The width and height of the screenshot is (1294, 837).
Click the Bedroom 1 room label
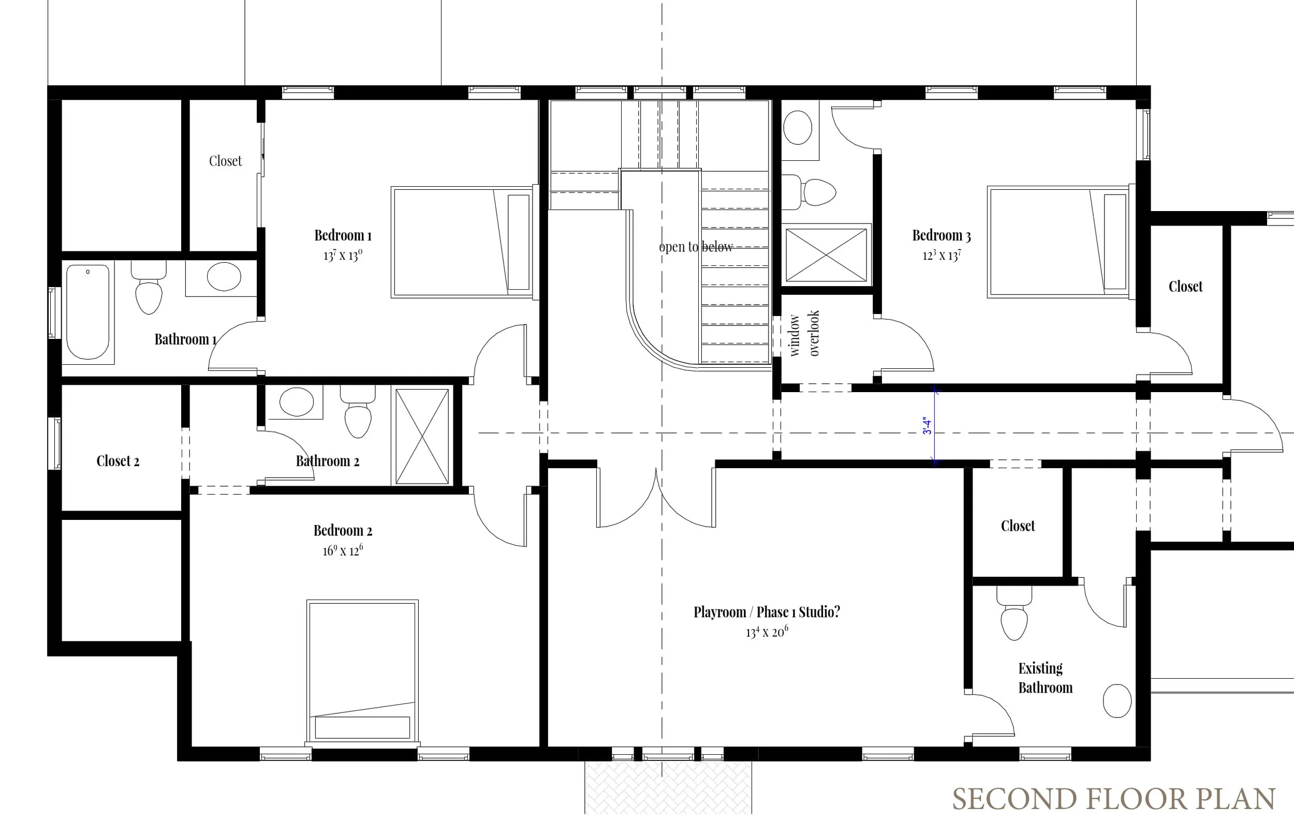tap(343, 235)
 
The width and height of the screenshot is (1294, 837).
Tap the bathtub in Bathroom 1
tap(87, 312)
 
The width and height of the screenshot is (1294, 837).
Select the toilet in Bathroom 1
tap(149, 288)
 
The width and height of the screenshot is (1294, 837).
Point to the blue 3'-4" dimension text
tap(927, 426)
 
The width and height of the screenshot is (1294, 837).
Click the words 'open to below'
tap(696, 247)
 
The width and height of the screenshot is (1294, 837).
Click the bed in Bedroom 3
tap(1060, 243)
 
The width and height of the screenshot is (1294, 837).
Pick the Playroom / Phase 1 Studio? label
tap(767, 612)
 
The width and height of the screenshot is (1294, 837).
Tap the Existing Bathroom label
tap(1045, 678)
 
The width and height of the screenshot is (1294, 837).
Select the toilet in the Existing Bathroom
tap(1014, 613)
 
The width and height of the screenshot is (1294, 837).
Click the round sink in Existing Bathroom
tap(1117, 700)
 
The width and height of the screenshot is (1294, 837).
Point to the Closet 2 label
tap(118, 461)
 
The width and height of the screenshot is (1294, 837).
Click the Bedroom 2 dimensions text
tap(343, 550)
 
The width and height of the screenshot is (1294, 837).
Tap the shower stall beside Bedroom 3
tap(827, 255)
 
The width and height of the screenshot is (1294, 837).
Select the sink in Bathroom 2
tap(296, 401)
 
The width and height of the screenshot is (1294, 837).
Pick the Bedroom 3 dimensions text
tap(942, 255)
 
